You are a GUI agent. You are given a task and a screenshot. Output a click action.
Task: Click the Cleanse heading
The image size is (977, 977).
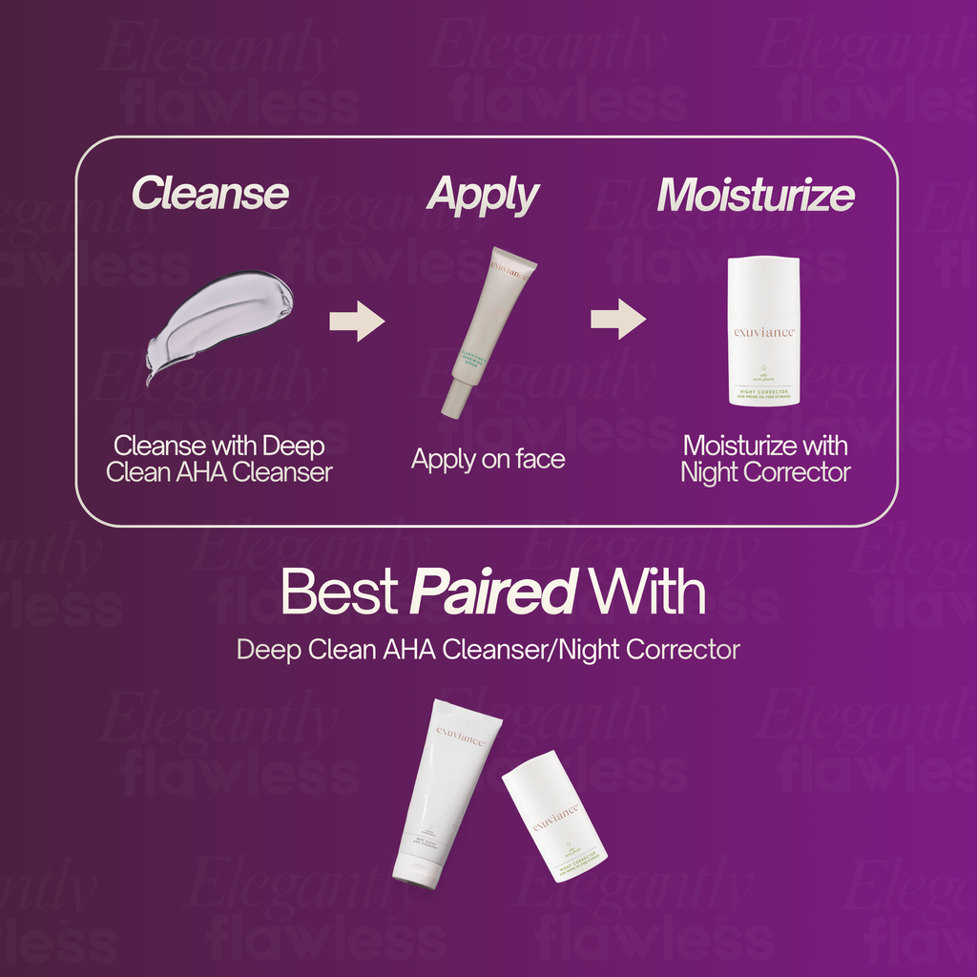point(210,194)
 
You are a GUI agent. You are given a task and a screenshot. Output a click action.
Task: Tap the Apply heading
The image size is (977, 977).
point(483,196)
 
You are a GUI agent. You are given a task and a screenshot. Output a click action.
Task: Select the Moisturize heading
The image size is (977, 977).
point(755,195)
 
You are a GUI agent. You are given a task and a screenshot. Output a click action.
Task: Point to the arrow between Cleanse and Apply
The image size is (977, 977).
point(356,320)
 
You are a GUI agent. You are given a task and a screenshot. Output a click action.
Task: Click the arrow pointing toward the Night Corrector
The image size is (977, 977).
point(617,319)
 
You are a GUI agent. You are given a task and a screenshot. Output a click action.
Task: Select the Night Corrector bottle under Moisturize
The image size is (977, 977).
point(763,330)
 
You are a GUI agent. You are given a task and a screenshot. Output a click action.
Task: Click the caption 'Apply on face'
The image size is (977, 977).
point(488,459)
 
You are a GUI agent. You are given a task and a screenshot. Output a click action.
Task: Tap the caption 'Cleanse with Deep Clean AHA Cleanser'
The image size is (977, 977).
point(219,458)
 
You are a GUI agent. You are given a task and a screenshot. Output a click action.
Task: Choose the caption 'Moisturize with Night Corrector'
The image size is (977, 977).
point(765,458)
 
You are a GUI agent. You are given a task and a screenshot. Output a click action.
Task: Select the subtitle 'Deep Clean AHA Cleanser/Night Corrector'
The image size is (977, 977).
point(488,650)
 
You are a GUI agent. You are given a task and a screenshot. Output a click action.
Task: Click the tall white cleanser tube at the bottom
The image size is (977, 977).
point(445,792)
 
